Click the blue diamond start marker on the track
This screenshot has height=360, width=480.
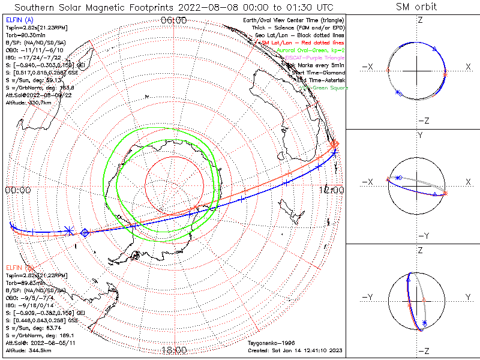(85, 232)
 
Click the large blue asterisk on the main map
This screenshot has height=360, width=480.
(70, 230)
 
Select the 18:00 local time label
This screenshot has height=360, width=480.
(174, 350)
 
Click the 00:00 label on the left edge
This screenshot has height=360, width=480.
(17, 190)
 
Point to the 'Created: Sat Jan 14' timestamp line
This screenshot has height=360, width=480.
(294, 350)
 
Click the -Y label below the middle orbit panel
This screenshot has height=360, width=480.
(419, 235)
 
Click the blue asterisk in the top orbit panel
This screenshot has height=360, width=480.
(398, 92)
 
